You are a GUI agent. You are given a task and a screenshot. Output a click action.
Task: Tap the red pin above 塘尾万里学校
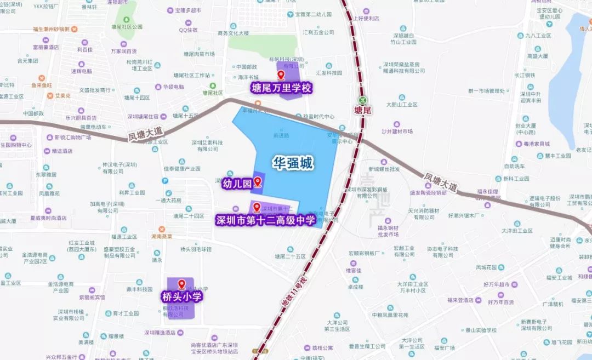282,76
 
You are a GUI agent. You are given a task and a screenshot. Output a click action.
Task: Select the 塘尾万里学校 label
281,88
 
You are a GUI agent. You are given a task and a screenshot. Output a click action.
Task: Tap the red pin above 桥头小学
181,285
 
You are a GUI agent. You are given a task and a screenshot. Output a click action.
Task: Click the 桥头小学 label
181,297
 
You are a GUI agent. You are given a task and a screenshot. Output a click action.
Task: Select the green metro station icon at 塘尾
363,100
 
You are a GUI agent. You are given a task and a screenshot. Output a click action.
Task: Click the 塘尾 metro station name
363,110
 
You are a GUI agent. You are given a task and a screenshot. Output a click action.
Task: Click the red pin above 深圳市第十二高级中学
256,207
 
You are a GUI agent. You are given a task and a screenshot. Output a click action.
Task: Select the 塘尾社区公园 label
127,26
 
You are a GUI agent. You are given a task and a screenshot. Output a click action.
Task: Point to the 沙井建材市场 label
397,132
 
